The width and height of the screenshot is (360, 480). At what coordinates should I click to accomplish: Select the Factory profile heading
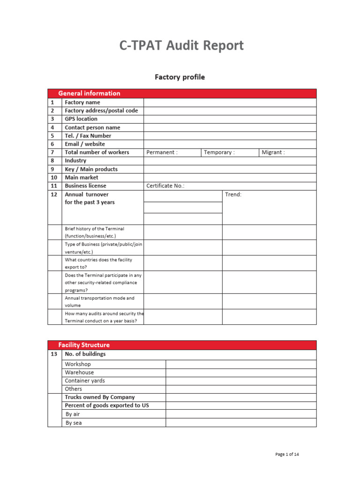[180, 77]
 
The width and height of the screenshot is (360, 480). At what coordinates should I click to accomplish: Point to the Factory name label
[82, 102]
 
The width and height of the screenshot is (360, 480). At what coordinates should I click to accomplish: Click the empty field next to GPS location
[230, 119]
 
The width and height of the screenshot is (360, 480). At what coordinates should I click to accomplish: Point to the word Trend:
[233, 195]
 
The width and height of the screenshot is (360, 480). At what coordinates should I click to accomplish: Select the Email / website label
[85, 144]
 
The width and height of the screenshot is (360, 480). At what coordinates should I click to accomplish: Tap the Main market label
[82, 178]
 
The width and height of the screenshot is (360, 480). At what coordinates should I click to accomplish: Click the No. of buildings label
[85, 354]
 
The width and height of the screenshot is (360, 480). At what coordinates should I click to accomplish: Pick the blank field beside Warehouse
[241, 373]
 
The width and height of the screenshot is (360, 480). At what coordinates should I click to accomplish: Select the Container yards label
[85, 381]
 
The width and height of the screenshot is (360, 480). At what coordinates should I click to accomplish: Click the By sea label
[74, 423]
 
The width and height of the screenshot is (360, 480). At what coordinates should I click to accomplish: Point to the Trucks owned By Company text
[100, 397]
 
